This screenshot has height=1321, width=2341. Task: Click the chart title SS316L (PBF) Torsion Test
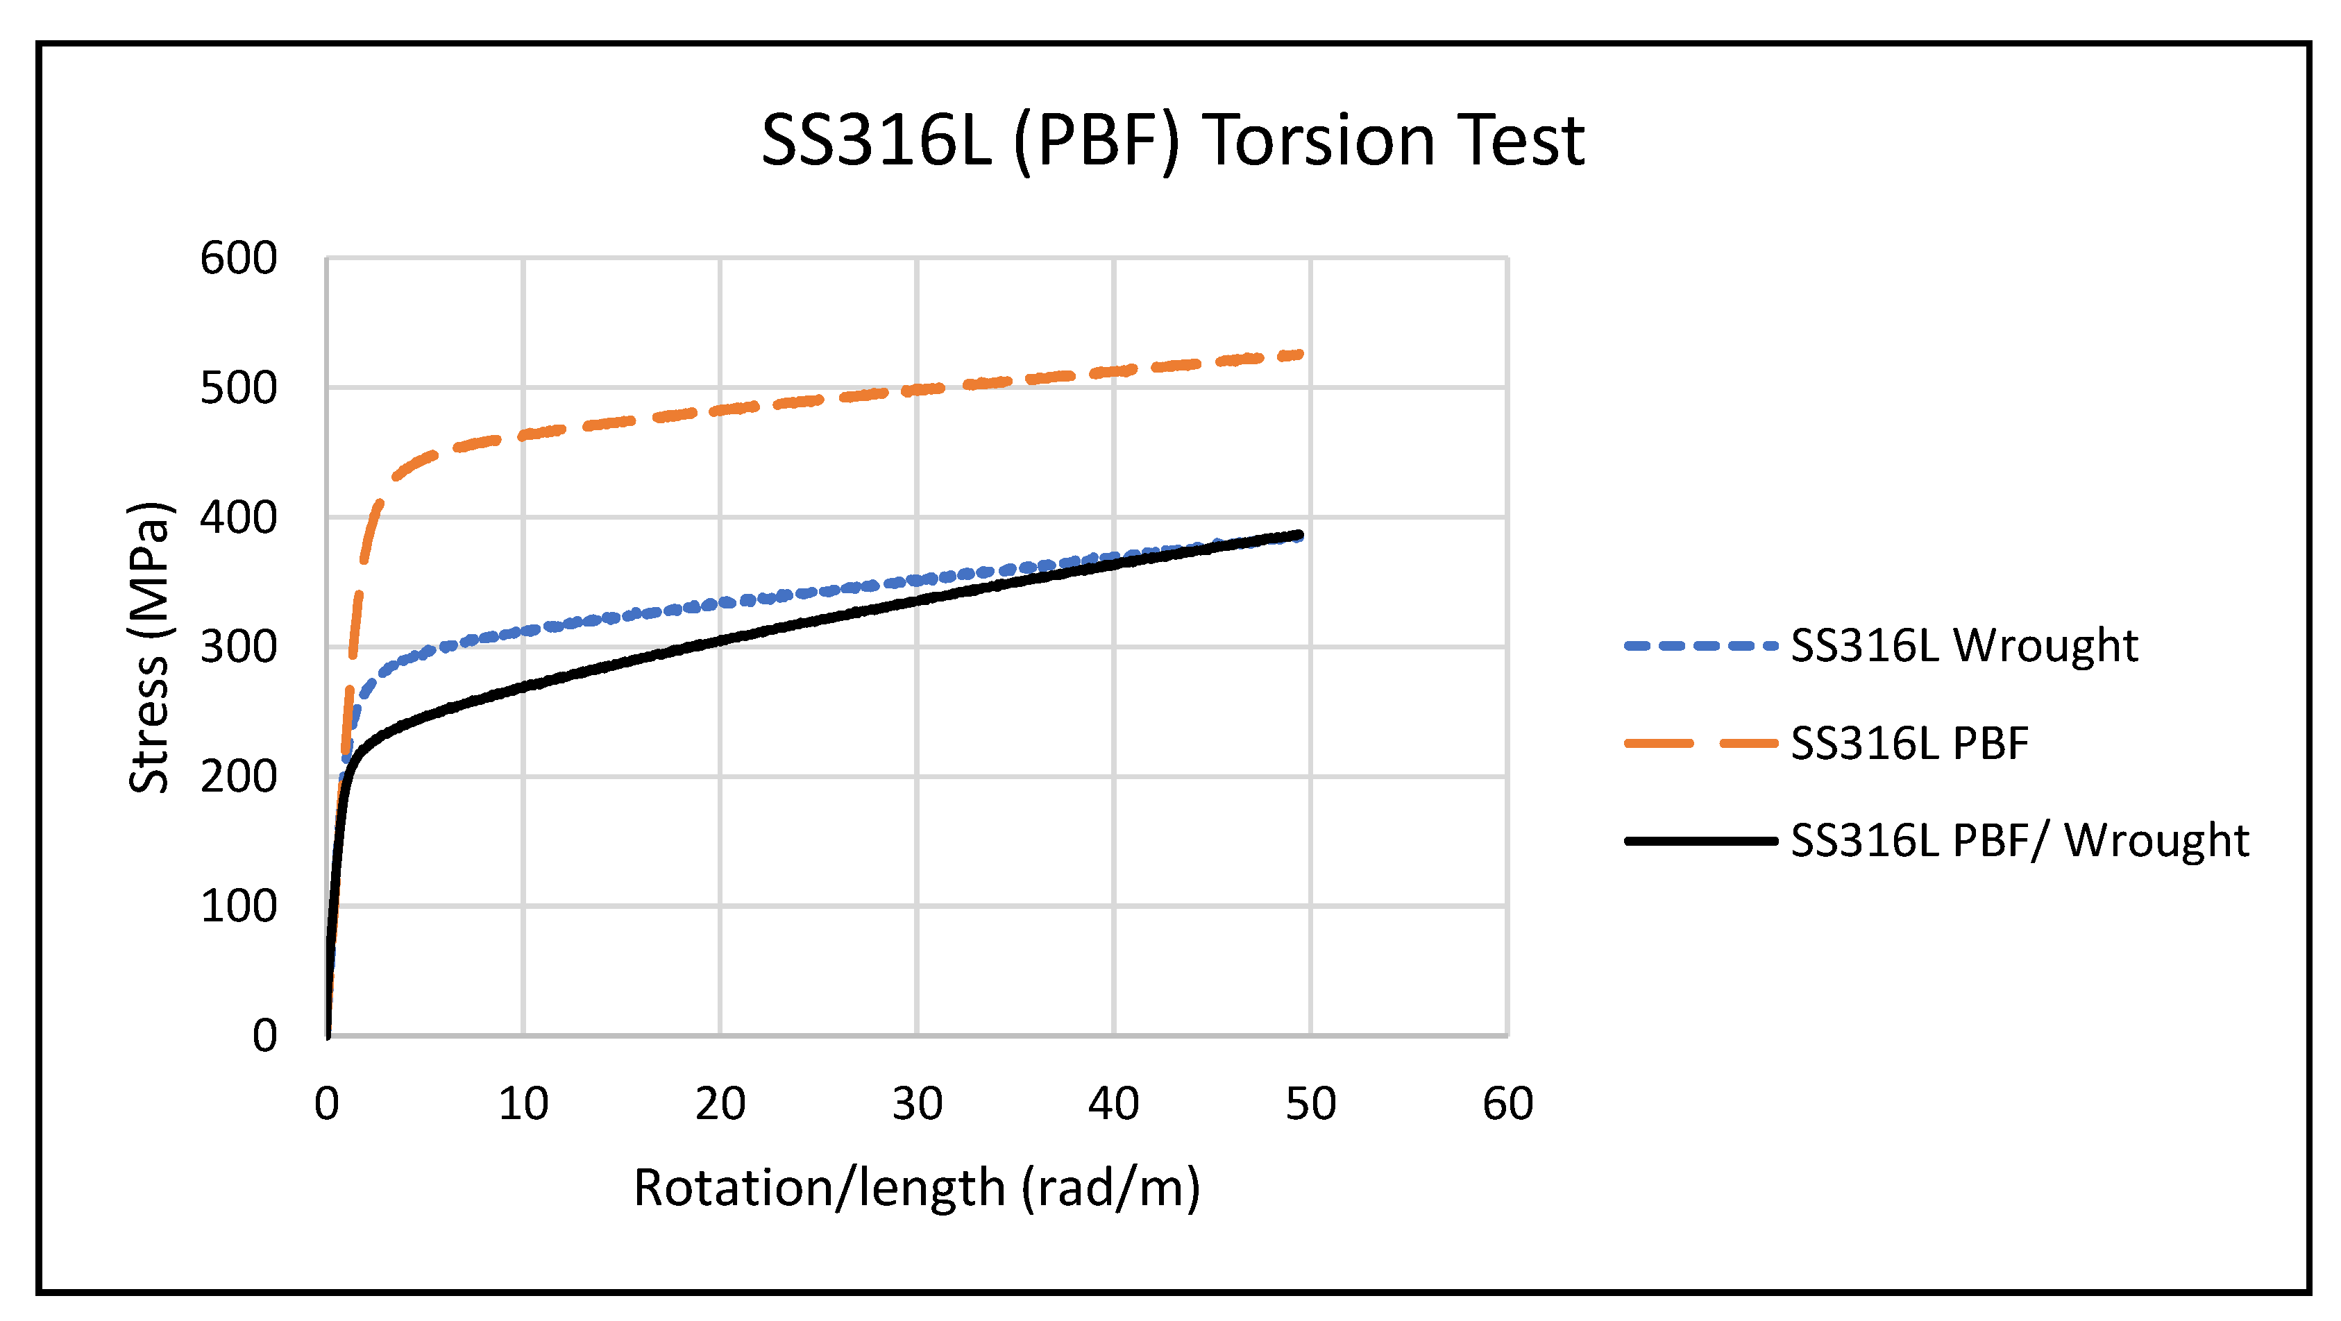[1172, 141]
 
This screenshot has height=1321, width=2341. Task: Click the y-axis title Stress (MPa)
[148, 647]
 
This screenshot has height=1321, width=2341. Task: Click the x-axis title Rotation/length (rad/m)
[917, 1188]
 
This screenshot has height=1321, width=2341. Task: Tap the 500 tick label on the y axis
[238, 389]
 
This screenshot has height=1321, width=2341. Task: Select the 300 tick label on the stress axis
[238, 648]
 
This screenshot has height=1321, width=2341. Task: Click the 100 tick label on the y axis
[238, 907]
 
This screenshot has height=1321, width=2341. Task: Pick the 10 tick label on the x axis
[523, 1104]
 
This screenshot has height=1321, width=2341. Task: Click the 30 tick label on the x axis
[917, 1104]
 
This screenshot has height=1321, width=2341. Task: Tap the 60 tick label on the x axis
[1507, 1104]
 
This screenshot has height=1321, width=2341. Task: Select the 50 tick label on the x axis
[1310, 1104]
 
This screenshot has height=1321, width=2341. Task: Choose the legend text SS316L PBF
[1909, 743]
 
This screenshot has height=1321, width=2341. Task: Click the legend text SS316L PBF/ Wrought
[2019, 840]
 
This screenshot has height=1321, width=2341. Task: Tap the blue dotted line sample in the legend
[1700, 646]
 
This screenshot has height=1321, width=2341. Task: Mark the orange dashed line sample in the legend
[1700, 743]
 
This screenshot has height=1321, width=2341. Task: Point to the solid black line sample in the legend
[1700, 840]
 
